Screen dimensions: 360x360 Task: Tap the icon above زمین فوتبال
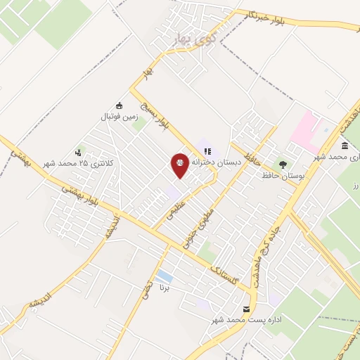pos(119,105)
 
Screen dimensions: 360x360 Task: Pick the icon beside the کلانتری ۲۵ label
pos(79,151)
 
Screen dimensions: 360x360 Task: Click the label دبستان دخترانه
pos(218,162)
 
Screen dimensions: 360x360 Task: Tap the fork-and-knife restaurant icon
pos(207,150)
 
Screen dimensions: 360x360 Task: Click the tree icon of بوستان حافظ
pos(283,164)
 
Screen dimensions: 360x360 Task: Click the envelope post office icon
pos(246,309)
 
